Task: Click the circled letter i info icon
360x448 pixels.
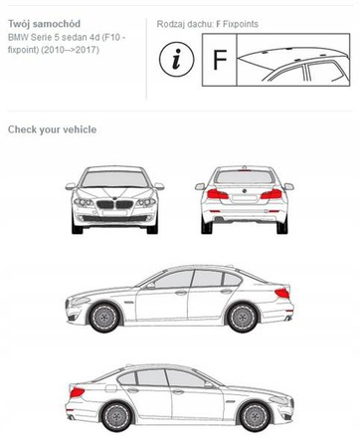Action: coord(176,60)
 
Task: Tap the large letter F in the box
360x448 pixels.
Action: coord(220,60)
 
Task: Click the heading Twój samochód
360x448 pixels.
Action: coord(44,24)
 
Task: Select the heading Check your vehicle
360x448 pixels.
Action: coord(53,129)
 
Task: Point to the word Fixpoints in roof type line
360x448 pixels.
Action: coord(241,24)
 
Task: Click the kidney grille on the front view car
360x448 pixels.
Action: coord(114,204)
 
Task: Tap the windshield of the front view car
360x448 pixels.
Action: coord(114,179)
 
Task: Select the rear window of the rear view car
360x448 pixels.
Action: coord(245,177)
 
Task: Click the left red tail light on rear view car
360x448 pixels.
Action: coord(218,194)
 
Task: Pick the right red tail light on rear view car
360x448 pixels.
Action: coord(271,194)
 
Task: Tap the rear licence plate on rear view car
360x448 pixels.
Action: coord(245,198)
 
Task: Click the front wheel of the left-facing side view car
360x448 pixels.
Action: coord(104,317)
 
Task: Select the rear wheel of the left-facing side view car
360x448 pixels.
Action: coord(243,317)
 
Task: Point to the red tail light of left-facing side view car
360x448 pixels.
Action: coord(282,293)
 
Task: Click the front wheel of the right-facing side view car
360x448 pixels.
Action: coord(255,417)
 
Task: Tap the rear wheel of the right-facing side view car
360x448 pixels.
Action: coord(116,417)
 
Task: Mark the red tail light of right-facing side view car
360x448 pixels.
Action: coord(77,392)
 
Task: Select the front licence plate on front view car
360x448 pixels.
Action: coord(114,212)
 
